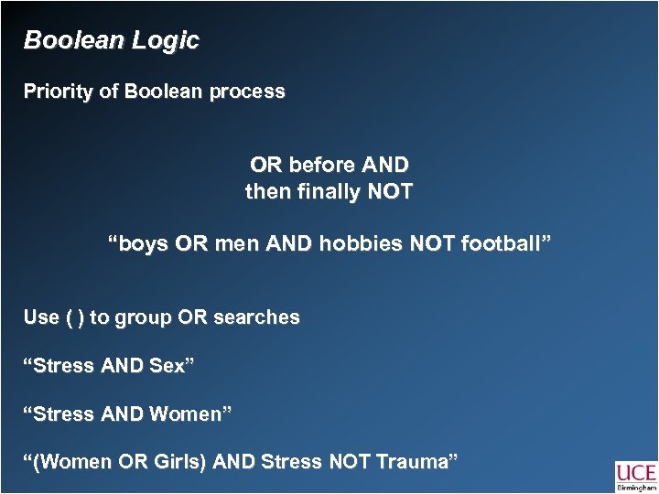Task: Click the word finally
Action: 327,193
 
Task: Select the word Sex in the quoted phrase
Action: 175,366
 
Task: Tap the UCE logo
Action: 635,476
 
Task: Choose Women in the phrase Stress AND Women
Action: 191,414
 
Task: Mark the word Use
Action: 42,317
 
